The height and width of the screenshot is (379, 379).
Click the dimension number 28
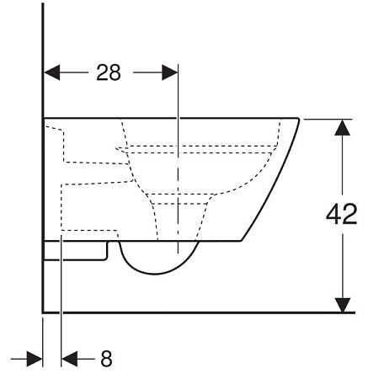pos(109,72)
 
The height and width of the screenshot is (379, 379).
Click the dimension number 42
pos(342,214)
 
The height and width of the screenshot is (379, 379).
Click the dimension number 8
pos(106,359)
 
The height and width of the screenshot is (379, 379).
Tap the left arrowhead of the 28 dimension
pos(52,72)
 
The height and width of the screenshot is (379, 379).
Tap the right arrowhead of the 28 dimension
pos(170,72)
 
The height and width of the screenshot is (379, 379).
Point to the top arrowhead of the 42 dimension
pos(342,127)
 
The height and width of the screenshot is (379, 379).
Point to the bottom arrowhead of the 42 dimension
pos(342,305)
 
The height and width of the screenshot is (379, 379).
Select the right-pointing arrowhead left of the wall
pos(35,359)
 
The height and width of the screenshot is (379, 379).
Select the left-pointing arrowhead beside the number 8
pos(69,359)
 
